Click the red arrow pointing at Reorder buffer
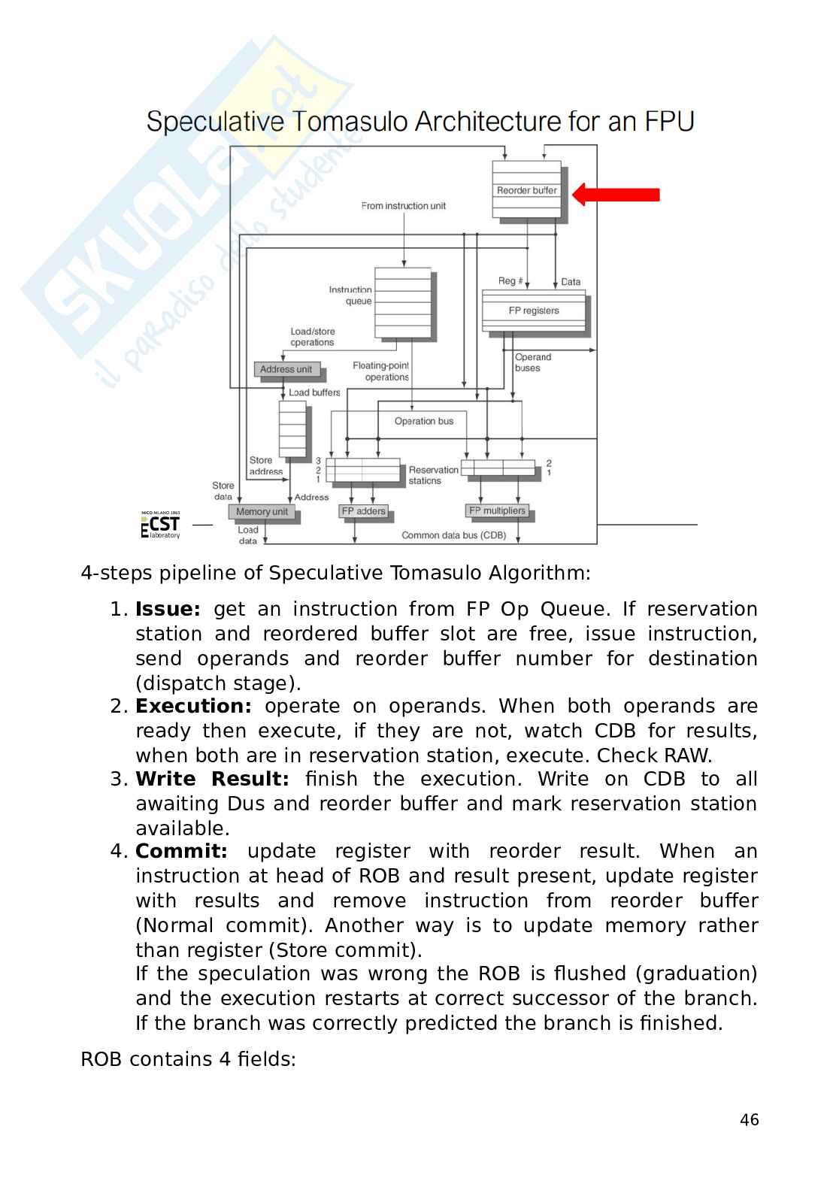click(616, 195)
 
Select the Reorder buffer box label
click(527, 191)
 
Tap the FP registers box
click(534, 310)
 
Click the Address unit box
click(286, 369)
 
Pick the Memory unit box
click(262, 512)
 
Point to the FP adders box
click(364, 511)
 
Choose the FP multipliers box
click(497, 511)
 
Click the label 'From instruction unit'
click(404, 206)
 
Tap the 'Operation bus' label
click(424, 421)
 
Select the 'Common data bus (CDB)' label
click(454, 535)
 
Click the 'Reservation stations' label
click(433, 475)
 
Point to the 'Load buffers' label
click(314, 392)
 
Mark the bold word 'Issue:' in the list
click(168, 609)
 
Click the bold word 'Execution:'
click(193, 707)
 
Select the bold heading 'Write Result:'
click(212, 780)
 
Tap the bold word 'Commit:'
click(181, 852)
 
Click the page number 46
click(750, 1120)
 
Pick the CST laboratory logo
click(161, 525)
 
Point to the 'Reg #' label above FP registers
click(510, 281)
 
